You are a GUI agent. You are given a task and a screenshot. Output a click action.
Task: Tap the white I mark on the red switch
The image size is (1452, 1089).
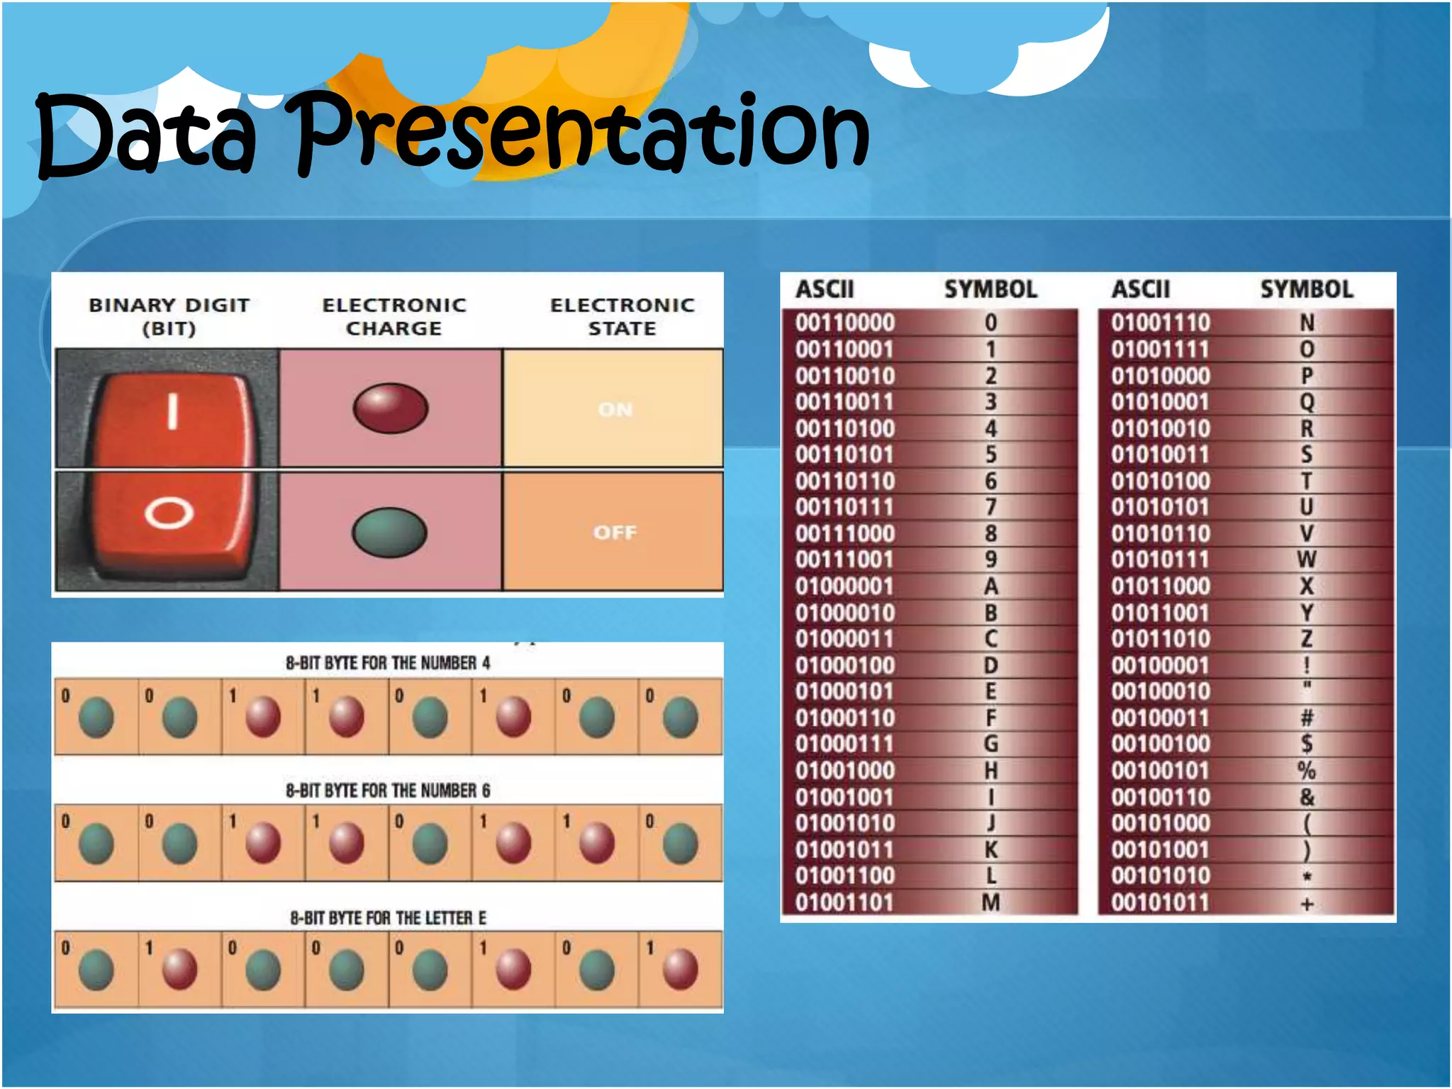pyautogui.click(x=172, y=411)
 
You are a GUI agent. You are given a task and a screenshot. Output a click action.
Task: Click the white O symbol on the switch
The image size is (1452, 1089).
pyautogui.click(x=169, y=513)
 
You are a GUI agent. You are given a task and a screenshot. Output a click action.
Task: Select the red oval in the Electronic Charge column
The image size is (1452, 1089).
pyautogui.click(x=391, y=408)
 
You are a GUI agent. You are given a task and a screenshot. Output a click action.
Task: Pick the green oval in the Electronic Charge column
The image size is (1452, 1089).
pyautogui.click(x=389, y=532)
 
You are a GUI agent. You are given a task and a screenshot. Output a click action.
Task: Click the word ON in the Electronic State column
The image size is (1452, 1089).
pyautogui.click(x=615, y=410)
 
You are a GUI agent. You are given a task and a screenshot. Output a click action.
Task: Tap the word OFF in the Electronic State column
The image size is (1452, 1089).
pyautogui.click(x=615, y=532)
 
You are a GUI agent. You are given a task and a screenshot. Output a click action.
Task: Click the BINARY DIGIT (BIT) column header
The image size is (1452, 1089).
pyautogui.click(x=169, y=316)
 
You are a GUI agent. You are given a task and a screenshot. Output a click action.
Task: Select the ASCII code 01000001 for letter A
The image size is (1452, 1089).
pyautogui.click(x=844, y=587)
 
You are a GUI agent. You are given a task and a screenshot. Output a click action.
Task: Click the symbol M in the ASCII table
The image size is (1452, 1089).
pyautogui.click(x=990, y=903)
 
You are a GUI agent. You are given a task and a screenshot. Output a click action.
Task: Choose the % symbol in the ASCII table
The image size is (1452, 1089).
pyautogui.click(x=1307, y=771)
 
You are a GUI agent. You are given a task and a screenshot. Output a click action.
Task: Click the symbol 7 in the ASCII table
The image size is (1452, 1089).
pyautogui.click(x=990, y=508)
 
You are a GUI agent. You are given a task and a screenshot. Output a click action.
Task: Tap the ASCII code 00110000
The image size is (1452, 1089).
pyautogui.click(x=844, y=323)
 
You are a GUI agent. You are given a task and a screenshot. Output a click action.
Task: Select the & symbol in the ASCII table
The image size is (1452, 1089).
pyautogui.click(x=1307, y=797)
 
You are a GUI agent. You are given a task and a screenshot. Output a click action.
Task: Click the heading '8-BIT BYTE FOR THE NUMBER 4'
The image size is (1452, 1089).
pyautogui.click(x=388, y=663)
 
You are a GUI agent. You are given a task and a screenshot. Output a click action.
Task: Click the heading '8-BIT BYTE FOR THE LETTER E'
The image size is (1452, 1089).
pyautogui.click(x=388, y=918)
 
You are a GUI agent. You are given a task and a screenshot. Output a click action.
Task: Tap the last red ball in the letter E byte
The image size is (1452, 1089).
pyautogui.click(x=680, y=969)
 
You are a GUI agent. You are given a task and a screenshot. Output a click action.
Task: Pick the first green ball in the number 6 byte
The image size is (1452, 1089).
pyautogui.click(x=96, y=844)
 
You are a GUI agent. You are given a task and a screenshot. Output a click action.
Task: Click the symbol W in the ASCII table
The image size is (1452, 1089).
pyautogui.click(x=1307, y=560)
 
